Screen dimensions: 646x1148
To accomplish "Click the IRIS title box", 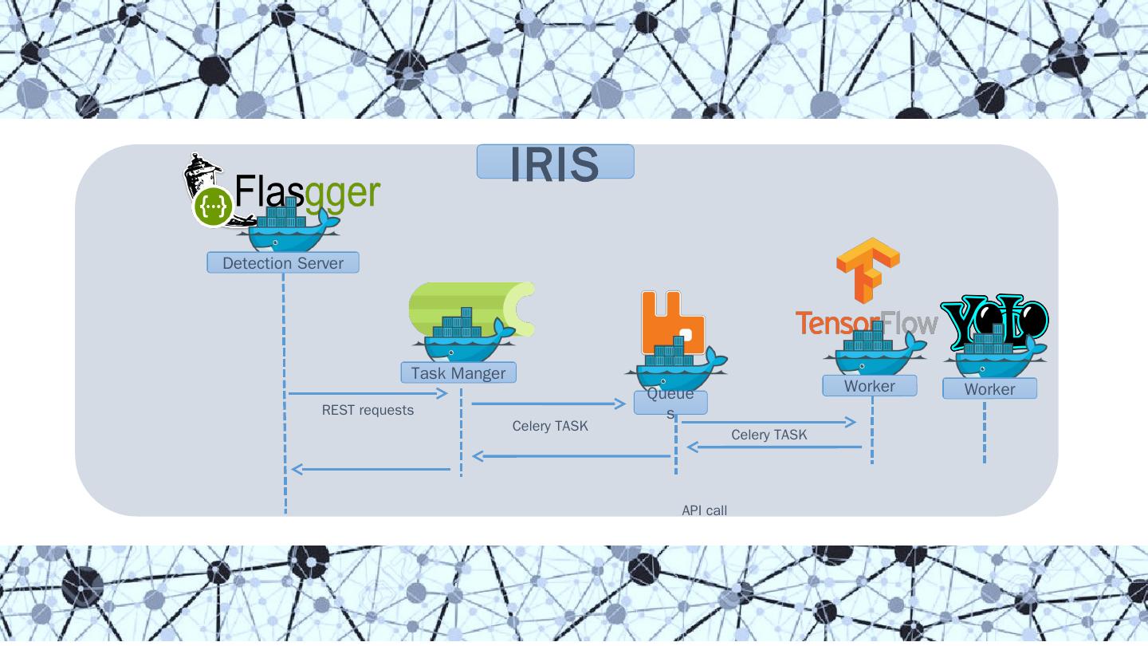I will coord(555,162).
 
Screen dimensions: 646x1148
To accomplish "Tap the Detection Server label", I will coord(283,263).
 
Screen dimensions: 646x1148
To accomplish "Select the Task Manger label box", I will coord(458,372).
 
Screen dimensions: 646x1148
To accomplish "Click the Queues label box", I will coord(670,402).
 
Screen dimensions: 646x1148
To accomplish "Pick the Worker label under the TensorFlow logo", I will coord(870,386).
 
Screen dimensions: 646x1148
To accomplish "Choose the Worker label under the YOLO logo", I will coord(989,389).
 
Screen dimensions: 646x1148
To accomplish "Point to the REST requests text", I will coord(368,410).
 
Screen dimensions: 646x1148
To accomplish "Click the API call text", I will coord(704,510).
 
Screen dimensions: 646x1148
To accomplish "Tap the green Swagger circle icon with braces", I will coord(213,207).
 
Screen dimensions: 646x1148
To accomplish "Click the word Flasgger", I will coord(308,192).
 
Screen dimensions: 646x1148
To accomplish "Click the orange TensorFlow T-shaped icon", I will coord(868,270).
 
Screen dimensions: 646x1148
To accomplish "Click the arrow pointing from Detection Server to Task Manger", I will coord(368,393).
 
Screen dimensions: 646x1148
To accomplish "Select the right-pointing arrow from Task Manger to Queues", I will coord(548,404).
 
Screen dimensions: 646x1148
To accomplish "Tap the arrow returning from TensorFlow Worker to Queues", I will coord(773,447).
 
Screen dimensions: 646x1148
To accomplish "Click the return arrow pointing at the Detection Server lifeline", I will coord(371,469).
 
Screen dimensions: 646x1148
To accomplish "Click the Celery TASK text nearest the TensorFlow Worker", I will coord(769,435).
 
